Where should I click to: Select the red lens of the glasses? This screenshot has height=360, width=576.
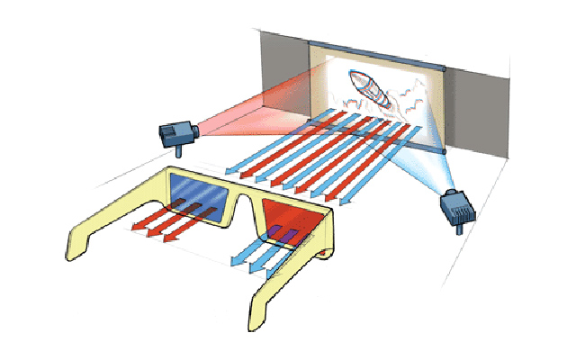(294, 218)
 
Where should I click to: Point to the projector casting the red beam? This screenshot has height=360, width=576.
(177, 133)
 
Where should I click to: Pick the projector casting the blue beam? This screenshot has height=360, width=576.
(457, 211)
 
